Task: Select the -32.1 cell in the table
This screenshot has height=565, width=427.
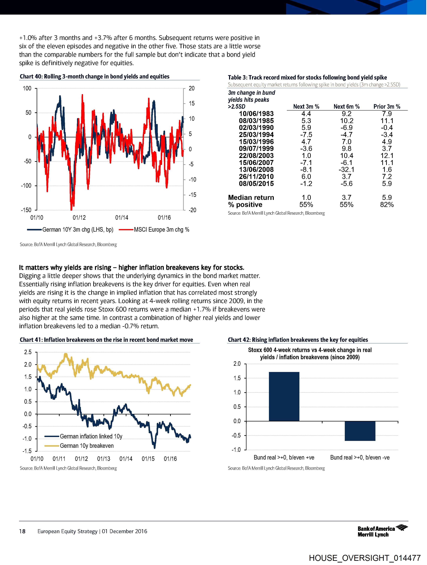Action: point(346,170)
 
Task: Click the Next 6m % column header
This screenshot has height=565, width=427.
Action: point(346,106)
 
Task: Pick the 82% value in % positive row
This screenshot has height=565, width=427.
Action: point(387,205)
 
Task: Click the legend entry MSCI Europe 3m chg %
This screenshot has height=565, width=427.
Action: point(161,230)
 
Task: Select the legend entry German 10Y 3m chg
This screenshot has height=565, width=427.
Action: point(78,230)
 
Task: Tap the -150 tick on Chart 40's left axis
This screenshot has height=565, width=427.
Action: point(26,210)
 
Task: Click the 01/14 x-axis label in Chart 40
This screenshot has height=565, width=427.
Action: point(122,218)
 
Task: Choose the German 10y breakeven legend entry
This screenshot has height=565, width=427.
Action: point(86,446)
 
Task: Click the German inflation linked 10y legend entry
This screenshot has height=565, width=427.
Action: point(91,436)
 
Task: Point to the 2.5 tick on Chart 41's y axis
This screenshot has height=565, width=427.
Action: point(28,352)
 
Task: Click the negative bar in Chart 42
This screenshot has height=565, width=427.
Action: point(360,431)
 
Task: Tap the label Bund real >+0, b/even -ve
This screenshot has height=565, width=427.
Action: point(360,458)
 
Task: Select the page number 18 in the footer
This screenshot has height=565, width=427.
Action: point(22,531)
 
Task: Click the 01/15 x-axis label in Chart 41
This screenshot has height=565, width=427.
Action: point(148,459)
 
